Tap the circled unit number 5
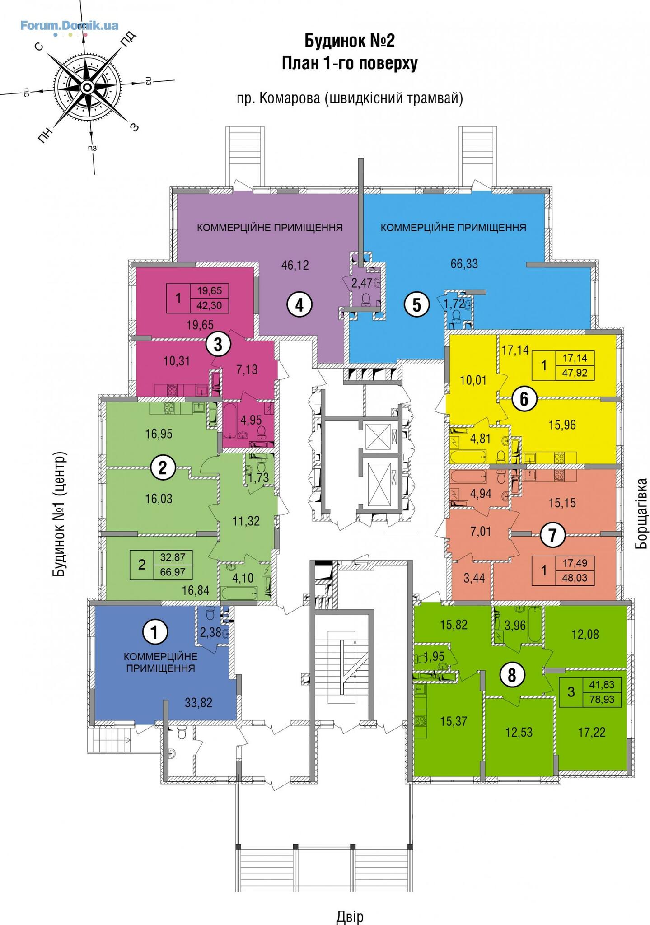coord(416,305)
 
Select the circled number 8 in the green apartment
coord(511,676)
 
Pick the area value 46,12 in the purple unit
coord(295,265)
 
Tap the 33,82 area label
coord(198,703)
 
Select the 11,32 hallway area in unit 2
coord(246,521)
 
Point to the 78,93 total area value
coord(602,700)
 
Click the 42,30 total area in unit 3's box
coord(210,306)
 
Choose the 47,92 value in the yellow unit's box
coord(575,374)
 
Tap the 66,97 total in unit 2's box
coord(173,573)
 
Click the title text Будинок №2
coord(350,41)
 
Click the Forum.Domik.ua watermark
coord(69,25)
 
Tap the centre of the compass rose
coord(88,86)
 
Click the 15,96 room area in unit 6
coord(562,425)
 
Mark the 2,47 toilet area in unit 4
coord(362,283)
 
